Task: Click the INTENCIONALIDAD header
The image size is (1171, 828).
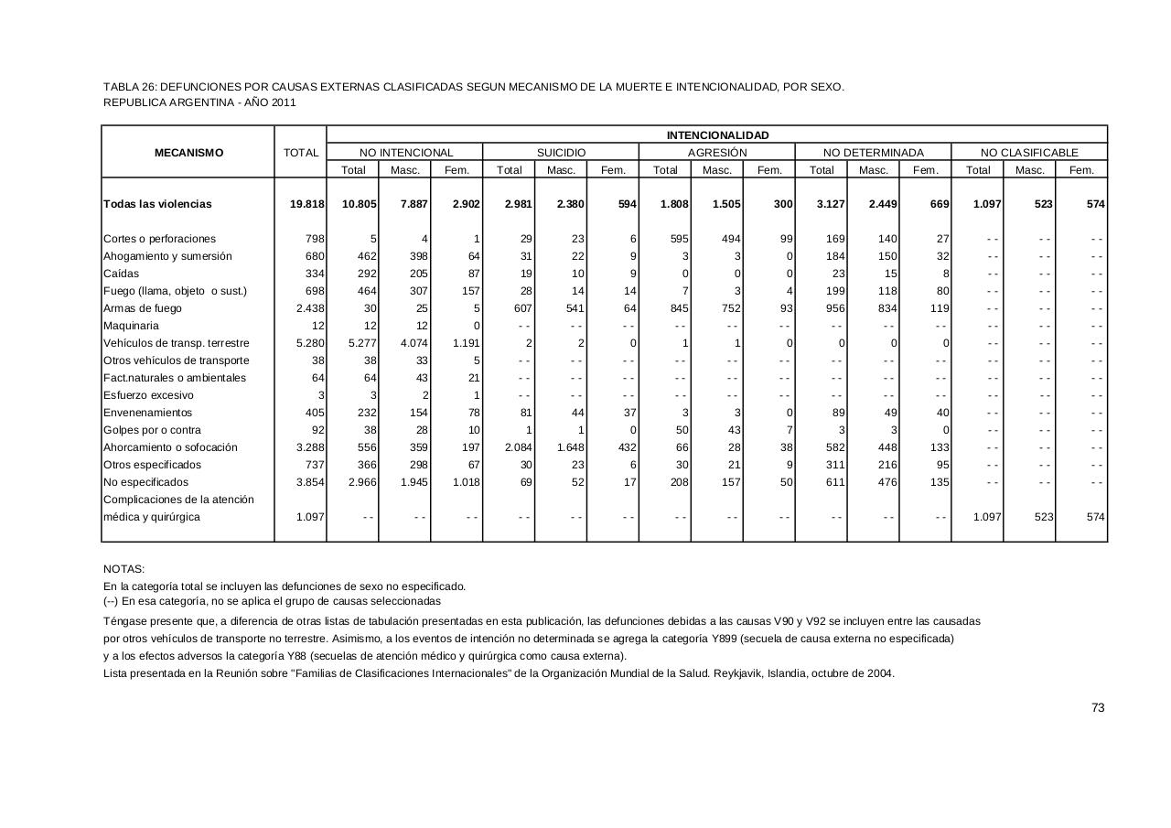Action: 717,135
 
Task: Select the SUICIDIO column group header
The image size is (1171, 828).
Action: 561,153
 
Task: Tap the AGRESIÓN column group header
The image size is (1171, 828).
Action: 717,153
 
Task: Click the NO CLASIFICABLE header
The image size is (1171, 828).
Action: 1029,153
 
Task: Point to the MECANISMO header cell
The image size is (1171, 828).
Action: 188,153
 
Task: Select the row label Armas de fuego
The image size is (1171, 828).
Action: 143,308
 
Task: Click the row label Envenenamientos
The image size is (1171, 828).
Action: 148,413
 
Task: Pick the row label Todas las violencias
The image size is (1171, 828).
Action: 157,204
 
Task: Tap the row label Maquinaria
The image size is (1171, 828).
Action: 131,326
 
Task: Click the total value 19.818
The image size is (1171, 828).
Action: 306,204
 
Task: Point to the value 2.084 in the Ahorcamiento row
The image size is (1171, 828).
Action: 513,447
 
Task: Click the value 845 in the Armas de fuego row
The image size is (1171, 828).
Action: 678,308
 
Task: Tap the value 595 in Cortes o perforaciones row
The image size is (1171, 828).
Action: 678,239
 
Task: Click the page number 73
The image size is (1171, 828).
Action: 1098,707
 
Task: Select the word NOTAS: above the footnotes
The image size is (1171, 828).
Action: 124,569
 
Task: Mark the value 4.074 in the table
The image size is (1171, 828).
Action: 414,343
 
